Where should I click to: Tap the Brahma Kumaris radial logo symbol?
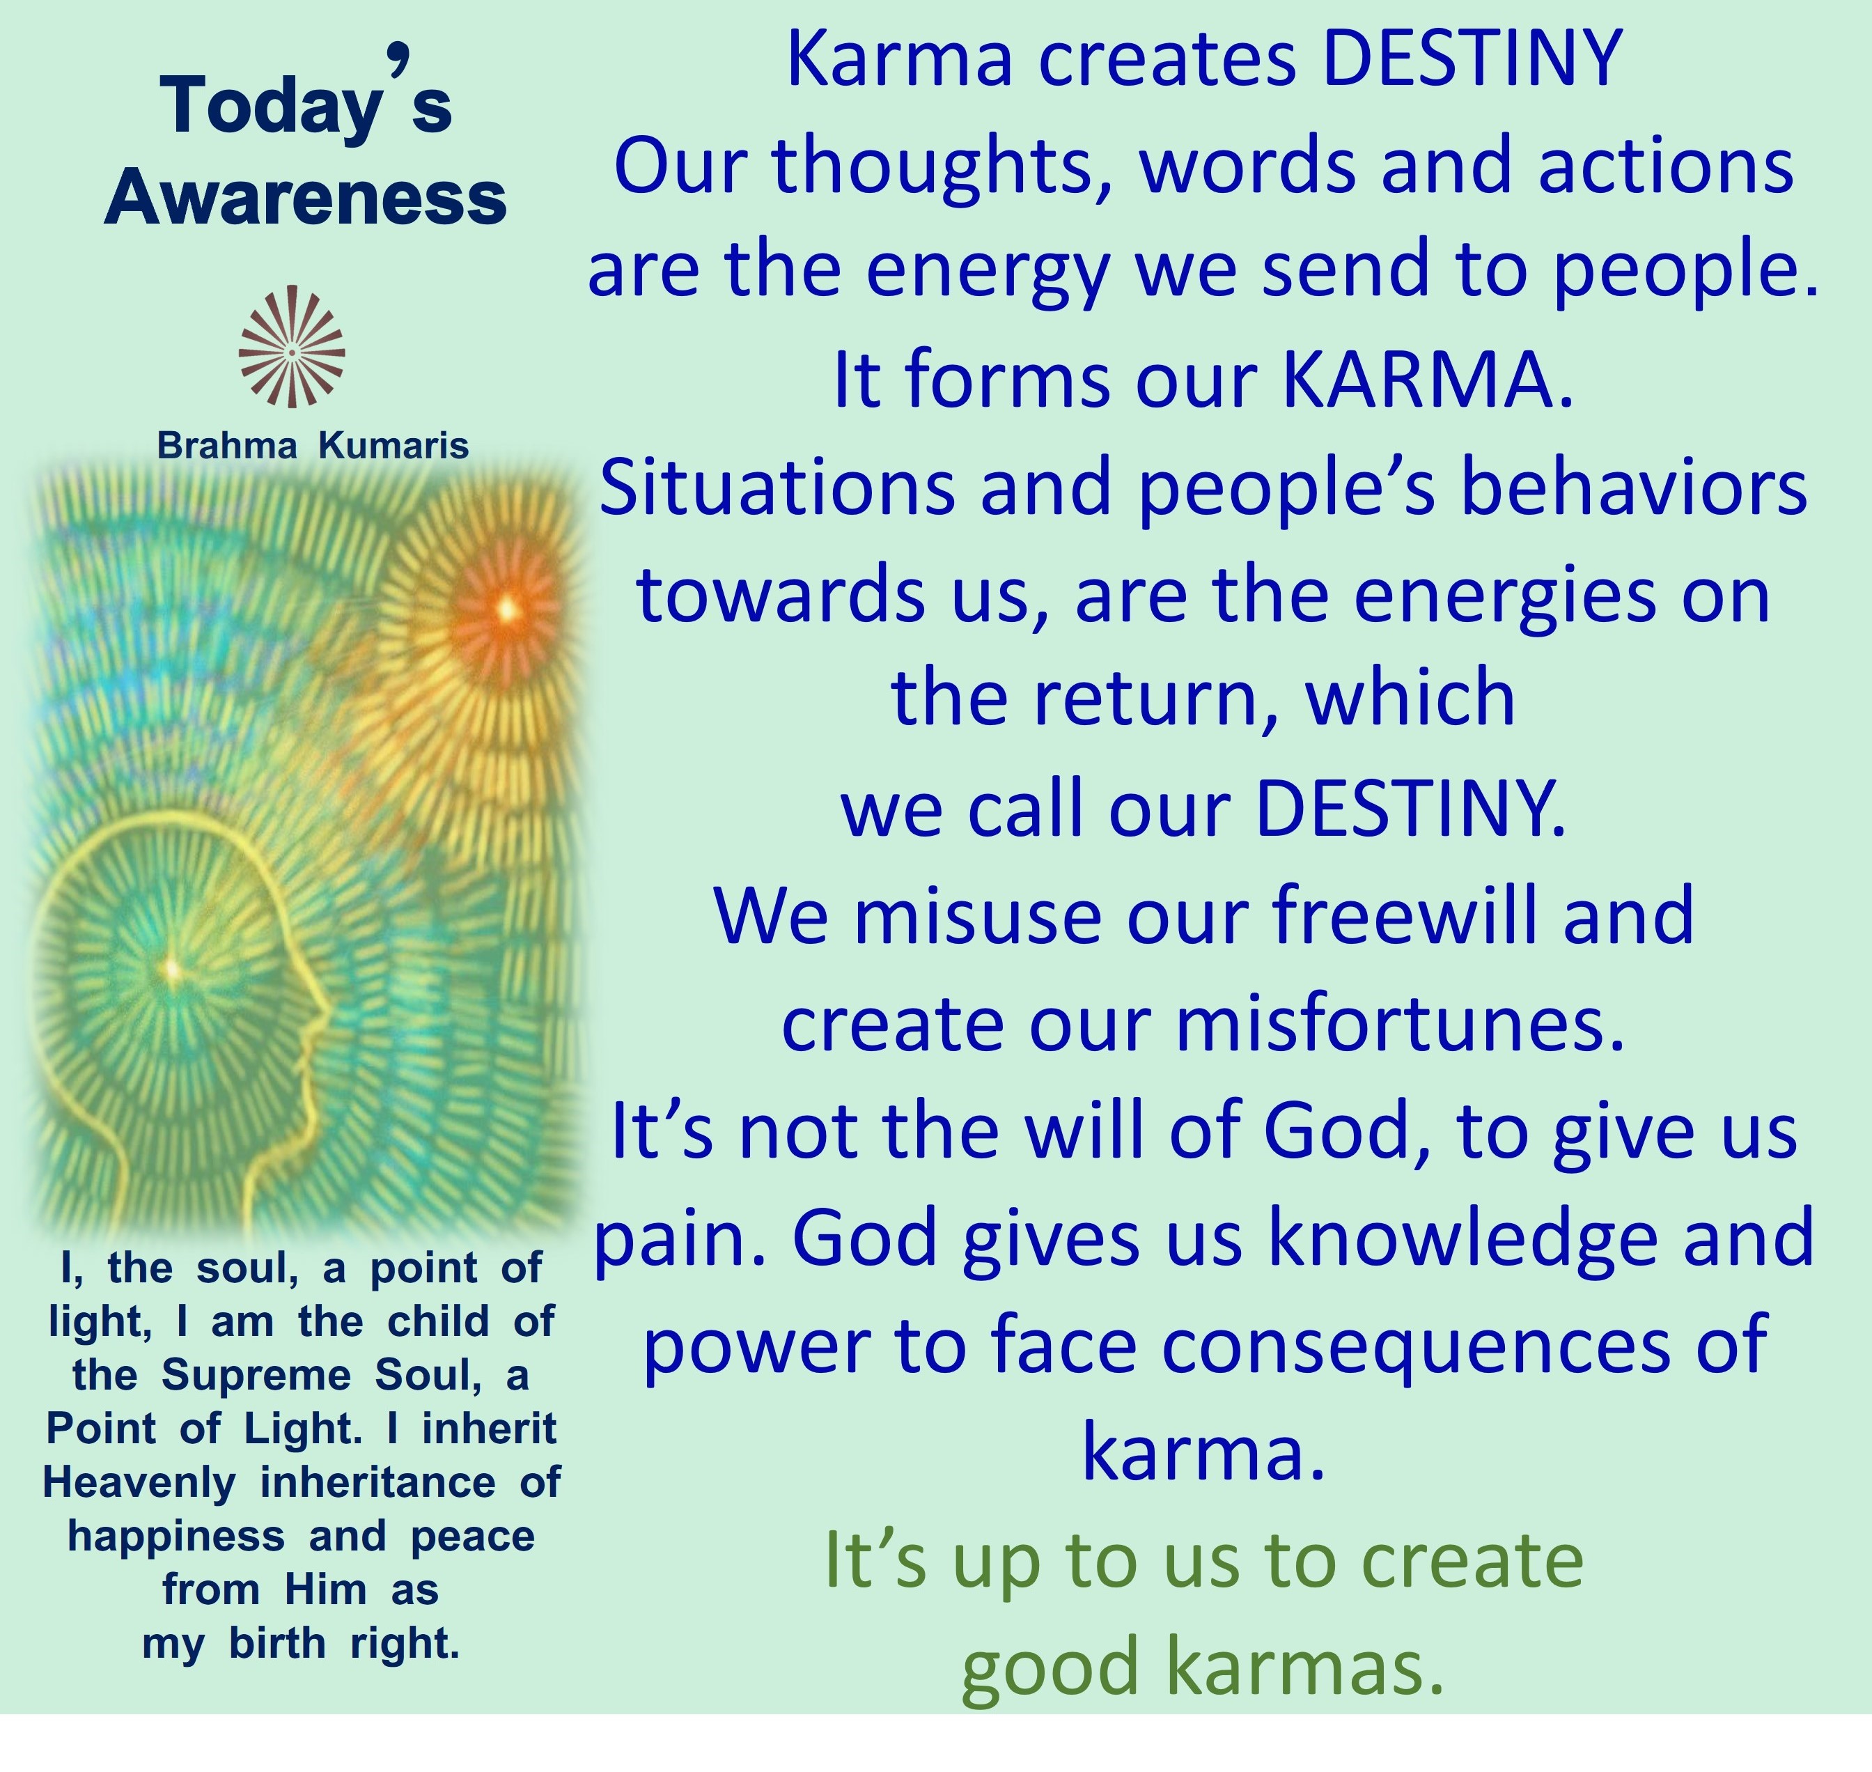coord(292,347)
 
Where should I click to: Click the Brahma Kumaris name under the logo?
coord(313,445)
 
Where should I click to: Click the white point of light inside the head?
coord(172,968)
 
